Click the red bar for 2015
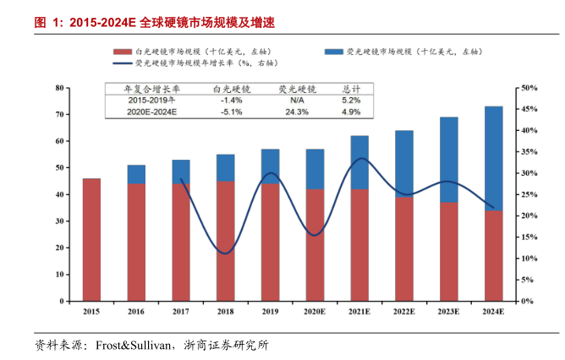click(x=91, y=239)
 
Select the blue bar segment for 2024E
click(x=493, y=158)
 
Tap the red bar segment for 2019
click(x=270, y=242)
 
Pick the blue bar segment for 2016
click(x=136, y=174)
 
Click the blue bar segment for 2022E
click(x=404, y=164)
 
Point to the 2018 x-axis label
click(x=225, y=312)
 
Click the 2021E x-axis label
click(x=359, y=312)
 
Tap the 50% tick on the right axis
click(x=527, y=88)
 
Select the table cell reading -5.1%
click(x=231, y=112)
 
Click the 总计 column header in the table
click(x=351, y=89)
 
